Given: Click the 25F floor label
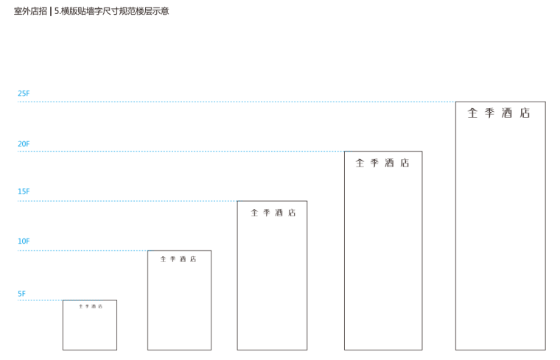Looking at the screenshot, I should click(x=24, y=93).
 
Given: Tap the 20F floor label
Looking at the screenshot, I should click(x=24, y=144).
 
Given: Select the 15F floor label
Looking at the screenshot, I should click(x=24, y=191).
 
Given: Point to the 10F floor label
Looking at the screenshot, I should click(x=24, y=241).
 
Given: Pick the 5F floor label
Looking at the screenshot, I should click(x=21, y=294).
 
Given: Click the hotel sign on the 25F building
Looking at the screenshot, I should click(x=499, y=113).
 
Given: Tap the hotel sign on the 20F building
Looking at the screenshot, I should click(x=382, y=163).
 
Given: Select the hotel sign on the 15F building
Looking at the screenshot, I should click(x=273, y=213).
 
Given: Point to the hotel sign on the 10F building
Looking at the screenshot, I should click(x=178, y=259).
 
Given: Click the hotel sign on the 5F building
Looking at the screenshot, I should click(x=90, y=306).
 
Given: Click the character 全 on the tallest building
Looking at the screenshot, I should click(x=473, y=113).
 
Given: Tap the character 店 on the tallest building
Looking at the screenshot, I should click(x=525, y=113).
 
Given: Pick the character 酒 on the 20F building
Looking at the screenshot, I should click(x=390, y=163).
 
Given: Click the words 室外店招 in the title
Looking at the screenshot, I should click(x=30, y=11).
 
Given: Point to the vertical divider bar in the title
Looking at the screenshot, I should click(x=51, y=11).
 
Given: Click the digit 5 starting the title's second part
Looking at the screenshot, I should click(x=57, y=11).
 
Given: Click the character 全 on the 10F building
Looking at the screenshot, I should click(x=164, y=259).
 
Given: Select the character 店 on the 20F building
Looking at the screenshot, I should click(x=405, y=163).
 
